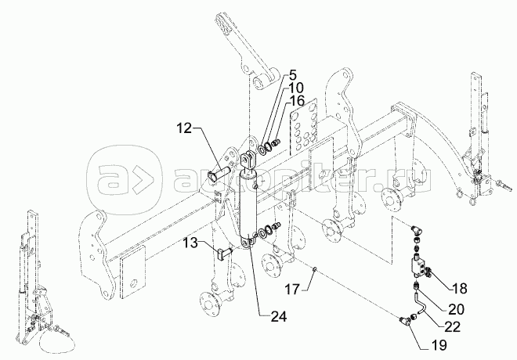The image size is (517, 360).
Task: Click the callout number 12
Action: (x=183, y=128)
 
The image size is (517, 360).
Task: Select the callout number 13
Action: (x=190, y=243)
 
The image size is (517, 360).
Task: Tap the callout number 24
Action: (x=279, y=316)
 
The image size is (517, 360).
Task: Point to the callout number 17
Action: (x=292, y=290)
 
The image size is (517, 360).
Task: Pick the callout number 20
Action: (x=456, y=309)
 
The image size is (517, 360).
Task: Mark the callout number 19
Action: (x=439, y=345)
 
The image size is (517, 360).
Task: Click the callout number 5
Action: (x=292, y=75)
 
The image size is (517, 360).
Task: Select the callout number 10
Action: (x=296, y=88)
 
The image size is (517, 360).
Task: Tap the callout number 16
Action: (x=297, y=102)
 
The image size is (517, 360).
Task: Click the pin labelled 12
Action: (x=219, y=173)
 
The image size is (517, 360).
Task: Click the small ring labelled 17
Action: (x=315, y=270)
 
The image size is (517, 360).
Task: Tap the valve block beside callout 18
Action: (x=419, y=265)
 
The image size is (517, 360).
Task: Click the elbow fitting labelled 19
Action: (x=406, y=321)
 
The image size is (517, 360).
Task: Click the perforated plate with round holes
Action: (x=304, y=127)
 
